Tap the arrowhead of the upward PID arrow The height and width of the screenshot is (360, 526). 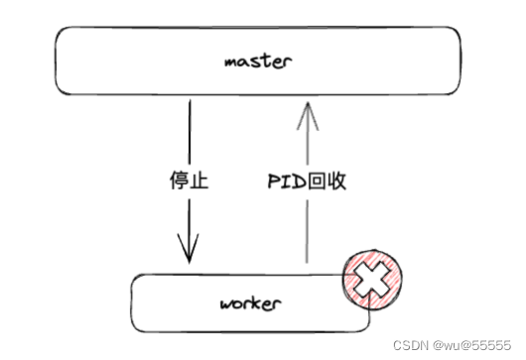click(x=308, y=107)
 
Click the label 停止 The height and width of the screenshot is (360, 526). click(x=189, y=181)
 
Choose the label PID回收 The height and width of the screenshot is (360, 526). click(x=308, y=181)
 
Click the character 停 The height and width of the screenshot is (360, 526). click(x=179, y=181)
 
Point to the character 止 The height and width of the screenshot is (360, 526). click(x=199, y=181)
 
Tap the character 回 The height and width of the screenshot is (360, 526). click(x=317, y=181)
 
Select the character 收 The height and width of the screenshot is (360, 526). click(x=336, y=181)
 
